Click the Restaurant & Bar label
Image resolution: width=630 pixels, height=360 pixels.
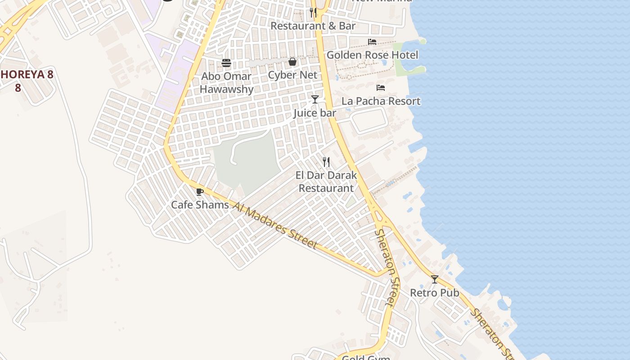[x=313, y=26]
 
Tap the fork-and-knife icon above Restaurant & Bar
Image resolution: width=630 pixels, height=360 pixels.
[x=313, y=12]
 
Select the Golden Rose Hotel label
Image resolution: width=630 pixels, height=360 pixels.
[x=372, y=55]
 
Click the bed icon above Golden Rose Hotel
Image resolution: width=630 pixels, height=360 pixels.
[x=372, y=42]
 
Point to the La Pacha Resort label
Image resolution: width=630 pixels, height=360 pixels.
[x=381, y=101]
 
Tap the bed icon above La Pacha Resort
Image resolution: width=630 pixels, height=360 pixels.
[x=381, y=88]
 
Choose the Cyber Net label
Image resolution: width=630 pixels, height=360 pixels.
[x=292, y=75]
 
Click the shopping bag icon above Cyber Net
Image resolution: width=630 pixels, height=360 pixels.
[x=292, y=62]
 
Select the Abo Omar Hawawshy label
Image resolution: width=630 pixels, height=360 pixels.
[x=226, y=83]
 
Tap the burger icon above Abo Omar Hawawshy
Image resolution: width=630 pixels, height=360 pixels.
[x=226, y=63]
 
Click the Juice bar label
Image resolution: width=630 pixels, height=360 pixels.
[x=315, y=113]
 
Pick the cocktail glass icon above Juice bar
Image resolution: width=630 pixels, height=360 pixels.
[x=315, y=99]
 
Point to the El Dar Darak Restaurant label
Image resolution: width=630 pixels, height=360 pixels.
[x=326, y=182]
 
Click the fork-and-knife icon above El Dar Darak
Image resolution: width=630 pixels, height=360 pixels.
[x=326, y=162]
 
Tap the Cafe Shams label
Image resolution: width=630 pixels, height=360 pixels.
[x=200, y=205]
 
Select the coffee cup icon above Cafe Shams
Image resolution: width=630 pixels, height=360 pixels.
[x=200, y=192]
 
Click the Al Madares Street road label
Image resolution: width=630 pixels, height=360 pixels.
[x=275, y=225]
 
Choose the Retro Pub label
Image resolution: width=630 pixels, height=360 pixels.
[x=434, y=293]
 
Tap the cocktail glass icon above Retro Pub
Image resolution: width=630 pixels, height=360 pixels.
[x=434, y=279]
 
